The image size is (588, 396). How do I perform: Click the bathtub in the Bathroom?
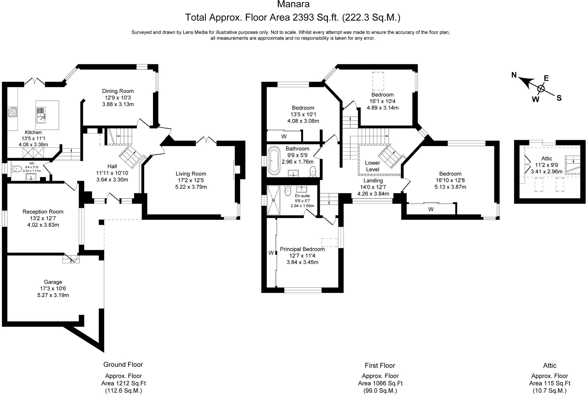(x=274, y=160)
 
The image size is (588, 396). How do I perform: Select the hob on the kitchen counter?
(x=13, y=112)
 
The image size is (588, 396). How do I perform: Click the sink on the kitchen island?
(x=41, y=115)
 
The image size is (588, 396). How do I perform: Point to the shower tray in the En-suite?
(x=274, y=200)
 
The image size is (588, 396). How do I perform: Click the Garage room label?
(x=53, y=288)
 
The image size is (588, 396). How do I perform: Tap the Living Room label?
(x=191, y=180)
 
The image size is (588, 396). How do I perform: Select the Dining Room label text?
(x=118, y=91)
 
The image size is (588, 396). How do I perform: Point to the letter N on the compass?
(x=514, y=75)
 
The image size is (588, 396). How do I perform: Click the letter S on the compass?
(x=559, y=98)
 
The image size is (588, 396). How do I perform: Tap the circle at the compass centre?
(x=541, y=88)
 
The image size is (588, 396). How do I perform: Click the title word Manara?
(x=293, y=4)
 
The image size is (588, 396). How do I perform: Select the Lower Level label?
(x=373, y=166)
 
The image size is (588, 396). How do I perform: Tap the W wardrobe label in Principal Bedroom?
(x=271, y=253)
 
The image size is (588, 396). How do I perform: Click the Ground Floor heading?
(x=123, y=364)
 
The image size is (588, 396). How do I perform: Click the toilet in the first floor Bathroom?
(x=313, y=171)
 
